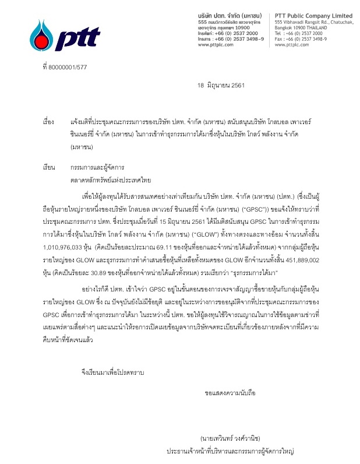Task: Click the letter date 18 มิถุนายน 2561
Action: [x=221, y=85]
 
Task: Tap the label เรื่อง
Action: [x=48, y=122]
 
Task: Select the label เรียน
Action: [x=48, y=167]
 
